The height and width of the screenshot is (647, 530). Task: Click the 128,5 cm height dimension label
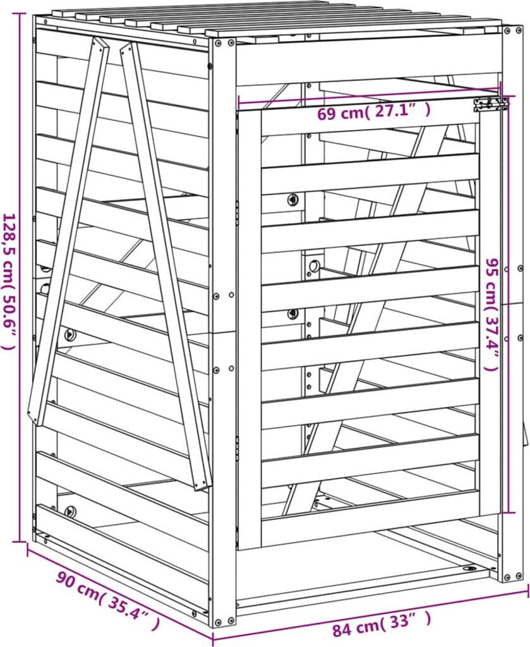point(10,282)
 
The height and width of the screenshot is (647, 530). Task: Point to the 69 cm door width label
point(373,112)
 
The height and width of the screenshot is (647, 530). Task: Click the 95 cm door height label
point(493,315)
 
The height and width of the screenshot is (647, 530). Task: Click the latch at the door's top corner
point(491,104)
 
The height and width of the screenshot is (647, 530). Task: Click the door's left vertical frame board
point(250,329)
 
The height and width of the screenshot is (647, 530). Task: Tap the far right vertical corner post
point(512,303)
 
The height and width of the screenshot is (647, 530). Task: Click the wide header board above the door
point(367,62)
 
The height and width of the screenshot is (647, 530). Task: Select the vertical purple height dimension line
point(18,277)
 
